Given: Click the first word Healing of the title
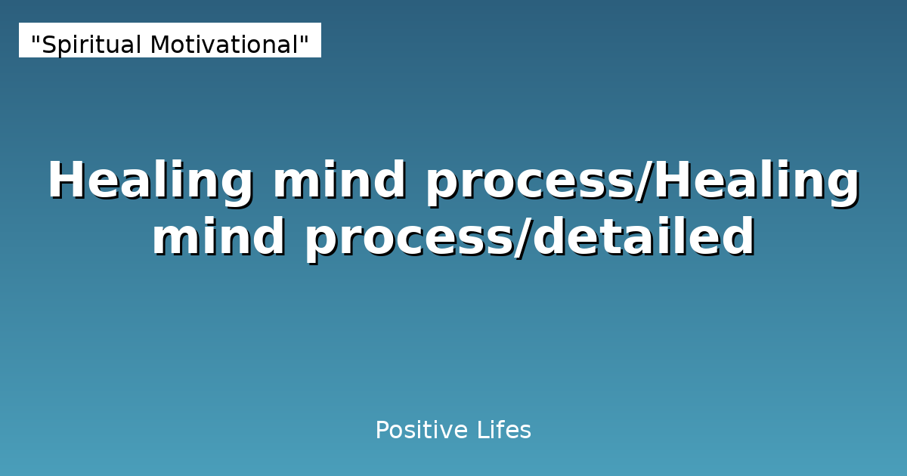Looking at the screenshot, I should click(150, 181).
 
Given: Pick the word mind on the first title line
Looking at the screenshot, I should click(339, 181).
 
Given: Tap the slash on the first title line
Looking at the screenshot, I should click(644, 181).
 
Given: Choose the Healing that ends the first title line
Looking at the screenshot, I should click(757, 181).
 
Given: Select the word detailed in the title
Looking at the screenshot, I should click(644, 237).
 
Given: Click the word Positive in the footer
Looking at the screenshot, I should click(422, 431).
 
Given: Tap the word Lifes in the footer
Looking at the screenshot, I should click(504, 431).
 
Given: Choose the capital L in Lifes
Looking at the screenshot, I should click(481, 431).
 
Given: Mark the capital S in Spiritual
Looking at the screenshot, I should click(48, 45).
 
